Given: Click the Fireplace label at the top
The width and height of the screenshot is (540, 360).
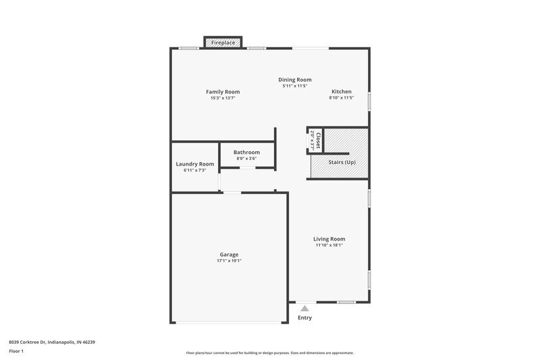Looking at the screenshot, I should click(x=223, y=43).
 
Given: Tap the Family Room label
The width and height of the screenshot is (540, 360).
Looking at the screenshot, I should click(x=223, y=92).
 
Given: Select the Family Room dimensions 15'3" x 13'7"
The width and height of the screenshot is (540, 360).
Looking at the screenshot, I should click(x=223, y=99).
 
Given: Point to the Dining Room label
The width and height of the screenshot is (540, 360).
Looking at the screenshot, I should click(x=295, y=80).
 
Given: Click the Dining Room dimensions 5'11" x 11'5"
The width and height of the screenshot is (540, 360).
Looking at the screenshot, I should click(x=295, y=86).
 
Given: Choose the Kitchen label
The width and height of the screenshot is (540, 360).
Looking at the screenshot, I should click(x=341, y=92).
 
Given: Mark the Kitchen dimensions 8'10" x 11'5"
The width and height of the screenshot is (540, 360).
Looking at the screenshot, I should click(x=341, y=99).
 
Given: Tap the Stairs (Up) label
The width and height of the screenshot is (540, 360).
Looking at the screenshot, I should click(x=342, y=163).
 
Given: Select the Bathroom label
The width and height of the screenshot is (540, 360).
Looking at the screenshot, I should click(x=246, y=152).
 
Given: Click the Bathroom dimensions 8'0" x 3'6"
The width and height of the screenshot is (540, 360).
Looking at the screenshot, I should click(x=246, y=159).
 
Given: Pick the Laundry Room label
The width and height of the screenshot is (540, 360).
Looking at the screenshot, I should click(x=194, y=164).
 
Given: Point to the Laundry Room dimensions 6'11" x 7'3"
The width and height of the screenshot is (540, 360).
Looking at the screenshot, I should click(x=194, y=170).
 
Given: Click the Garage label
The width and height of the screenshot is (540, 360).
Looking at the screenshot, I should click(x=229, y=255).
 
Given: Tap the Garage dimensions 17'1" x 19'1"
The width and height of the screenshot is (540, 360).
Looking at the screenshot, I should click(x=229, y=261).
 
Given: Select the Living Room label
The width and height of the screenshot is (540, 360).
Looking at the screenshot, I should click(x=329, y=239).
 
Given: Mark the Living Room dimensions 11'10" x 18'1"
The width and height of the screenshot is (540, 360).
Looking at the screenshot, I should click(x=329, y=245).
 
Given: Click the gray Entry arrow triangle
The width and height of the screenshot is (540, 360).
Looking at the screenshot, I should click(x=304, y=309).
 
